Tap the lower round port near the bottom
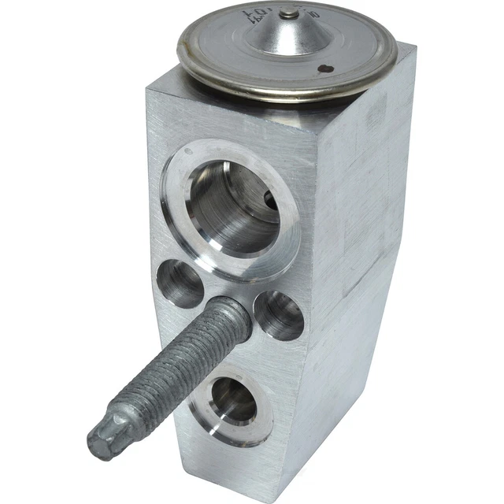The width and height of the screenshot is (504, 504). [x=234, y=399]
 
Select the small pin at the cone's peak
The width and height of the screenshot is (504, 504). [x=291, y=13]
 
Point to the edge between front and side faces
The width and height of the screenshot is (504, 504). [x=331, y=315]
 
